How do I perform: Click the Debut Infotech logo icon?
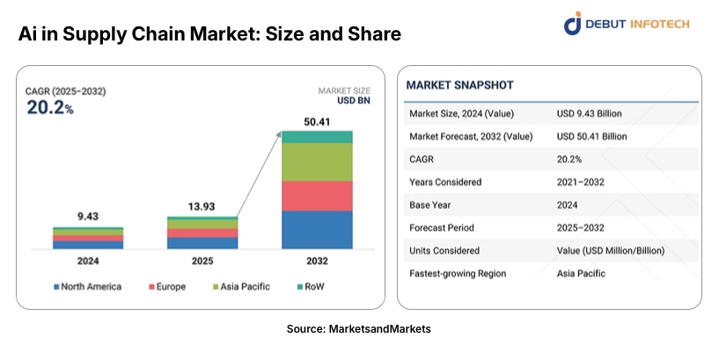(x=573, y=23)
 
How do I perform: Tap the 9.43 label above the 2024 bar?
(x=87, y=217)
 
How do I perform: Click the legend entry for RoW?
(x=312, y=287)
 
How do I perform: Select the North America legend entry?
(x=87, y=287)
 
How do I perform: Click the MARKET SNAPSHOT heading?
(x=459, y=85)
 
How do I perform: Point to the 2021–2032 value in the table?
(x=580, y=182)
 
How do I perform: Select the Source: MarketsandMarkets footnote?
(x=358, y=328)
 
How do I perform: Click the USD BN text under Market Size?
(x=355, y=101)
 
